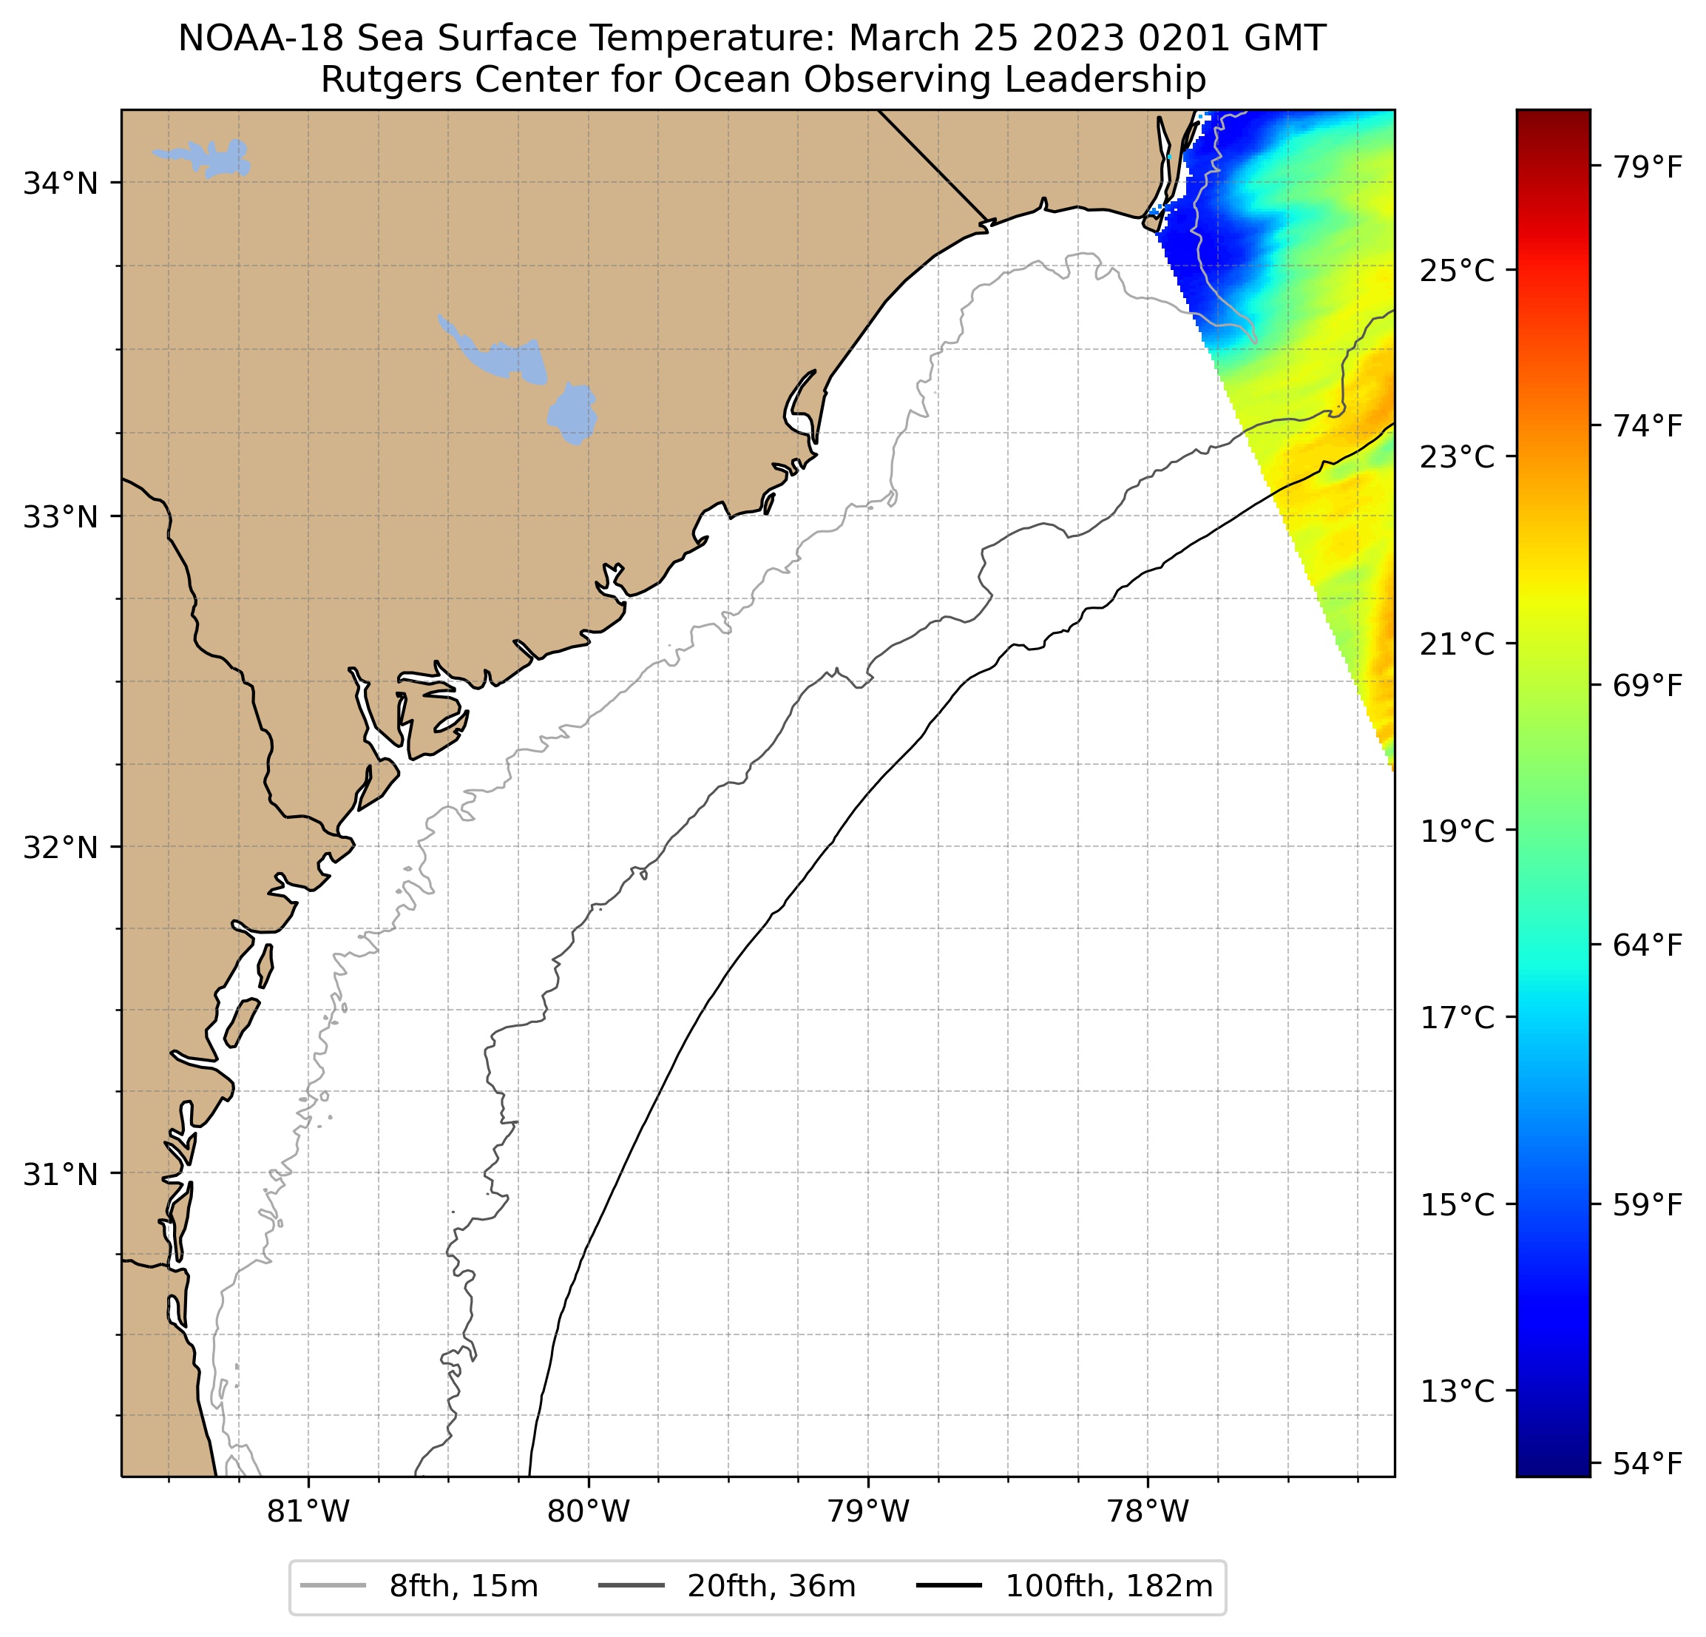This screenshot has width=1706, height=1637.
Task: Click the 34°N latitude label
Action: pos(60,183)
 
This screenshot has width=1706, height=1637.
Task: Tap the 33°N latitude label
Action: pos(60,517)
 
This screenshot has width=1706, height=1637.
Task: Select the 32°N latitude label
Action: pos(60,847)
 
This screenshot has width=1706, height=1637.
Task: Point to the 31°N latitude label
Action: pos(60,1175)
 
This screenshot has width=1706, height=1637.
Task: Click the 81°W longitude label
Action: pos(308,1511)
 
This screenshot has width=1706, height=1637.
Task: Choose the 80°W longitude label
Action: pos(589,1511)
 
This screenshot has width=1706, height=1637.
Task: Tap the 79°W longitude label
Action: pos(868,1511)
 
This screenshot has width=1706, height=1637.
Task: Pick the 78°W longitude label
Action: pos(1147,1511)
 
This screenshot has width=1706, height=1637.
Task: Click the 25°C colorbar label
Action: pos(1457,271)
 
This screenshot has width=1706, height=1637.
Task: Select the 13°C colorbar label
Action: pos(1457,1391)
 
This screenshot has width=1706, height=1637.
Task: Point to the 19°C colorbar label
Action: pos(1457,831)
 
